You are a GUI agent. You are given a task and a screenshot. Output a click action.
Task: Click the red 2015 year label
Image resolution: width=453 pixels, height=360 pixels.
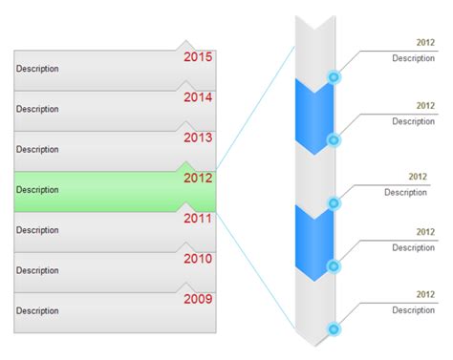(x=198, y=57)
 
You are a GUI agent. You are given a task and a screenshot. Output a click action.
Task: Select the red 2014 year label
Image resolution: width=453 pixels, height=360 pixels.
(x=198, y=97)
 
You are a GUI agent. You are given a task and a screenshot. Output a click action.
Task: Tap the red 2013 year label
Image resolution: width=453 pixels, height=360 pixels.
(x=198, y=138)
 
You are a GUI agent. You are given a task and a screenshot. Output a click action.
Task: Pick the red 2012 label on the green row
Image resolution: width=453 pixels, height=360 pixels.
(x=198, y=178)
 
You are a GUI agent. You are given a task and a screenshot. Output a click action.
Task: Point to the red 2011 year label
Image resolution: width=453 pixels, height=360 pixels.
(x=198, y=218)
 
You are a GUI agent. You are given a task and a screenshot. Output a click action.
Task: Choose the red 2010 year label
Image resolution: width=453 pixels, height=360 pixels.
(x=198, y=258)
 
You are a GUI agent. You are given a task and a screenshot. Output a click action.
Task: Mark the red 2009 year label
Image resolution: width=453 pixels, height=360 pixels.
(x=198, y=298)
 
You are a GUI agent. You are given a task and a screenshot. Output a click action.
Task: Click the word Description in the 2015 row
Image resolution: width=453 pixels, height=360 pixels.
(x=37, y=69)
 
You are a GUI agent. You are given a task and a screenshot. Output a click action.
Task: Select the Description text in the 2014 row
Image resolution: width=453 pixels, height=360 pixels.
(x=37, y=109)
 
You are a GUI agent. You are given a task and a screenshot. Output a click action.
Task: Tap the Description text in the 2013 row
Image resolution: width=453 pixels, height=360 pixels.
(x=37, y=150)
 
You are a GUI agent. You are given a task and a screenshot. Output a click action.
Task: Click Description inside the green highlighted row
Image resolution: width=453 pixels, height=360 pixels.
(x=37, y=190)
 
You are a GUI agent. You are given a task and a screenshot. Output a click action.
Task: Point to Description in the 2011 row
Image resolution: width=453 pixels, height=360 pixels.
(x=37, y=230)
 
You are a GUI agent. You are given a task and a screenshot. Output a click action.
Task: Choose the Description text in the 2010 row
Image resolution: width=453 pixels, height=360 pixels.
(x=37, y=270)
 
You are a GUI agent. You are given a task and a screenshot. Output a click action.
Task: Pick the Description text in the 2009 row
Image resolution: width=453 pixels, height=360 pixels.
(x=37, y=311)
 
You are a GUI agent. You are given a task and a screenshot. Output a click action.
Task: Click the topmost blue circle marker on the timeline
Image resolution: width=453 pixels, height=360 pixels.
(x=334, y=76)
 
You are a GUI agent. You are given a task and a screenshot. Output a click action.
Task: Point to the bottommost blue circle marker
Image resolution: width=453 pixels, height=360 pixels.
(x=334, y=329)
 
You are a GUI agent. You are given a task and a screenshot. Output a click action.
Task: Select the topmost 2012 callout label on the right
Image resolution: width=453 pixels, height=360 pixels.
(x=425, y=43)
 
